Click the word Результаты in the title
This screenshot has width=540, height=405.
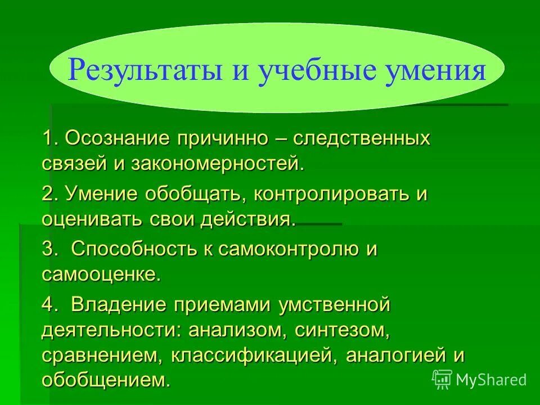click(141, 72)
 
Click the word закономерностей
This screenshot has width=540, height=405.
click(217, 164)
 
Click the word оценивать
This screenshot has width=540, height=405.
click(91, 219)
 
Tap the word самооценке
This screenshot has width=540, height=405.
click(101, 275)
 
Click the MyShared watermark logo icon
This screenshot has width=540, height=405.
click(443, 379)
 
